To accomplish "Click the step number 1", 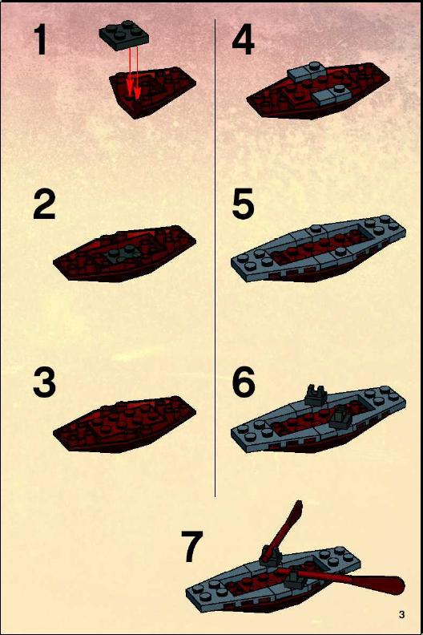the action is [x=41, y=40].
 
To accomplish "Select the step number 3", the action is [x=44, y=382].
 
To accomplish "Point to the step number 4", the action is [x=244, y=40].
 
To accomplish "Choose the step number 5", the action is [x=244, y=204].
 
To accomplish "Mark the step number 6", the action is [x=244, y=382].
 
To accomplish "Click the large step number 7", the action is [x=191, y=547].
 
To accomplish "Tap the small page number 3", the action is [x=401, y=614].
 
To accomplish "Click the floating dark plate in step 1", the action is [x=124, y=35].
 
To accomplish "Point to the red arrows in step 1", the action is [x=133, y=72].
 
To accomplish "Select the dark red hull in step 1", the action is [x=153, y=91].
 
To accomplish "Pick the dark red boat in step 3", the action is [x=125, y=424].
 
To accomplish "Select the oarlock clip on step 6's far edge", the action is [x=316, y=395].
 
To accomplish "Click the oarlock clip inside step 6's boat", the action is [x=341, y=417].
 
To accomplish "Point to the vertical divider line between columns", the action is [x=215, y=257].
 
